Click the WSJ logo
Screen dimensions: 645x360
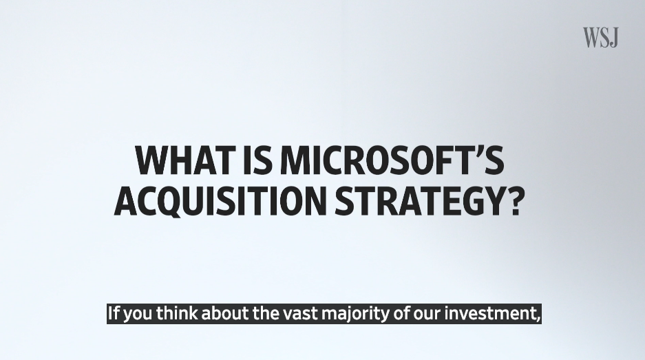click(600, 37)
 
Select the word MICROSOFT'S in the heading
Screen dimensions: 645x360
click(392, 160)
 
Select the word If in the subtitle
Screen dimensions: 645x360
click(114, 313)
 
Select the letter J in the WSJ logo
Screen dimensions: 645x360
click(614, 38)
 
